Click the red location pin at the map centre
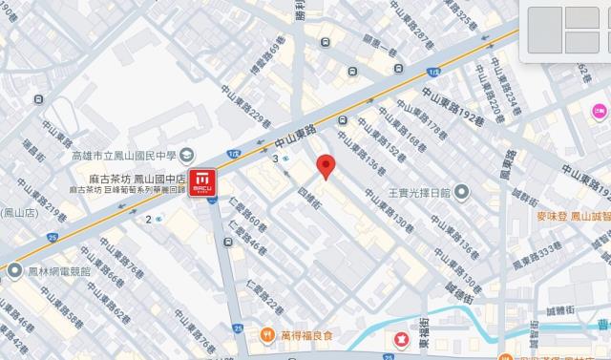click(325, 165)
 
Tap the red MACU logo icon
click(202, 180)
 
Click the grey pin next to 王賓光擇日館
click(461, 192)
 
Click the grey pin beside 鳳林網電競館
click(14, 270)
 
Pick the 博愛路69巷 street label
click(270, 56)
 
